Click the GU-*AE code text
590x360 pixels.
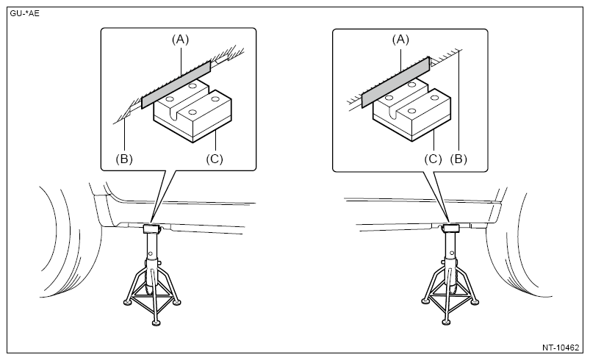[24, 13]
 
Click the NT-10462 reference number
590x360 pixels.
[561, 348]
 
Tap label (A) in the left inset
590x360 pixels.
[180, 39]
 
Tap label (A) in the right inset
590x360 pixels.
[400, 39]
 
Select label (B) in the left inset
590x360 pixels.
[124, 159]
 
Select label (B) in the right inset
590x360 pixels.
[458, 159]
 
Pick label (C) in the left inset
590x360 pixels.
[215, 159]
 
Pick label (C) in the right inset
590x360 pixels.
[433, 159]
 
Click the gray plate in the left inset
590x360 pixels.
[176, 85]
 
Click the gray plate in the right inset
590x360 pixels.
[395, 82]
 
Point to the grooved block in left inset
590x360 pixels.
[193, 112]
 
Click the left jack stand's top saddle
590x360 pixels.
[152, 228]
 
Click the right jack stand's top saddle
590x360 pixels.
[451, 228]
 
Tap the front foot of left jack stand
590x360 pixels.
[157, 323]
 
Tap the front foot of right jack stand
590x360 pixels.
[446, 322]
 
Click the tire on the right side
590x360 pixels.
[519, 245]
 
